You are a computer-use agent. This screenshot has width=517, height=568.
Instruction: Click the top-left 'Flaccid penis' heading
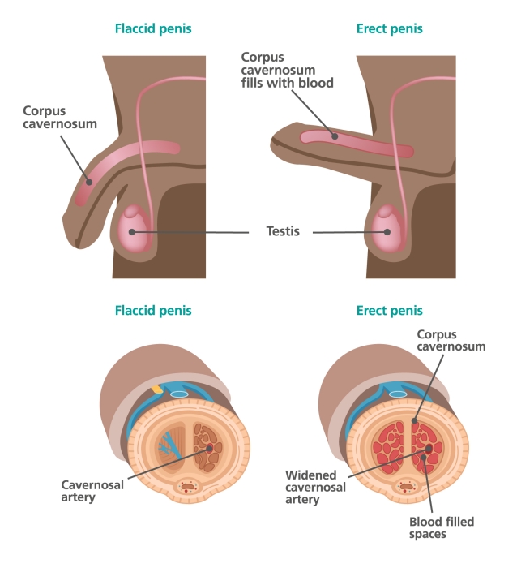pyautogui.click(x=153, y=29)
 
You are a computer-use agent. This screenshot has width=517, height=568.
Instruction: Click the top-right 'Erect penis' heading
pyautogui.click(x=389, y=29)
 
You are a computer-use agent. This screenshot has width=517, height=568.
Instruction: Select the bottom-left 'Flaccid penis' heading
pyautogui.click(x=153, y=311)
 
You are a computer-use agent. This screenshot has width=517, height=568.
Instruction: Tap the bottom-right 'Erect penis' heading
pyautogui.click(x=389, y=311)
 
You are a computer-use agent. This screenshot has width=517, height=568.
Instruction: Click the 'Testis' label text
pyautogui.click(x=283, y=231)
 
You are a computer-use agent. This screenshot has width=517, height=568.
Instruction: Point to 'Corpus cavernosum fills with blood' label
pyautogui.click(x=287, y=70)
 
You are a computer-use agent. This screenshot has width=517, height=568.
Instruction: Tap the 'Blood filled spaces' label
pyautogui.click(x=442, y=528)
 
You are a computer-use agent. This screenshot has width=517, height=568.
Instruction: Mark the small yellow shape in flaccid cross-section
pyautogui.click(x=156, y=389)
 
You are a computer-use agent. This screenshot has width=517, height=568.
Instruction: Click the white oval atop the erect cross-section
pyautogui.click(x=397, y=394)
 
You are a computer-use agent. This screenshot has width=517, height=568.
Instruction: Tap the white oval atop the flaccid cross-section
pyautogui.click(x=180, y=394)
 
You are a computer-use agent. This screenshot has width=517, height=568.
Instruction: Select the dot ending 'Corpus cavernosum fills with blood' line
pyautogui.click(x=333, y=136)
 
